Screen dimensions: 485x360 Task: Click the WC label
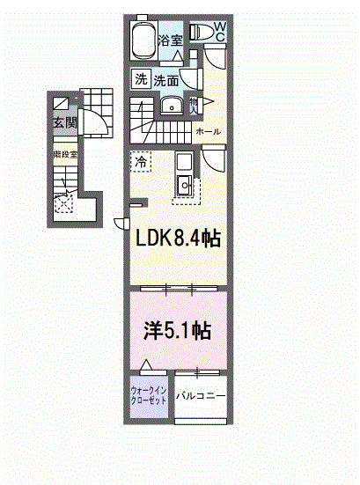(220, 33)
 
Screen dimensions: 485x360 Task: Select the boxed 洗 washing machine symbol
(141, 79)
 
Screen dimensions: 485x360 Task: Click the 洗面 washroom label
(167, 80)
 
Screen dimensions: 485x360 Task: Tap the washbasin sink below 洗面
(173, 107)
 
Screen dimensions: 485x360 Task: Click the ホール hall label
(208, 132)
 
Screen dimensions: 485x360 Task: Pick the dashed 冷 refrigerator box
(141, 161)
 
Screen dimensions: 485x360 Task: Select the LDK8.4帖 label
(177, 238)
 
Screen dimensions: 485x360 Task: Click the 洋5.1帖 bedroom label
(177, 330)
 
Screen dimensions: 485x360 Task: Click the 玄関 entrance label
(64, 121)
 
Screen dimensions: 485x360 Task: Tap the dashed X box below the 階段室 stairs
(64, 204)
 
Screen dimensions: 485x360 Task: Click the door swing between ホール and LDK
(214, 159)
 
